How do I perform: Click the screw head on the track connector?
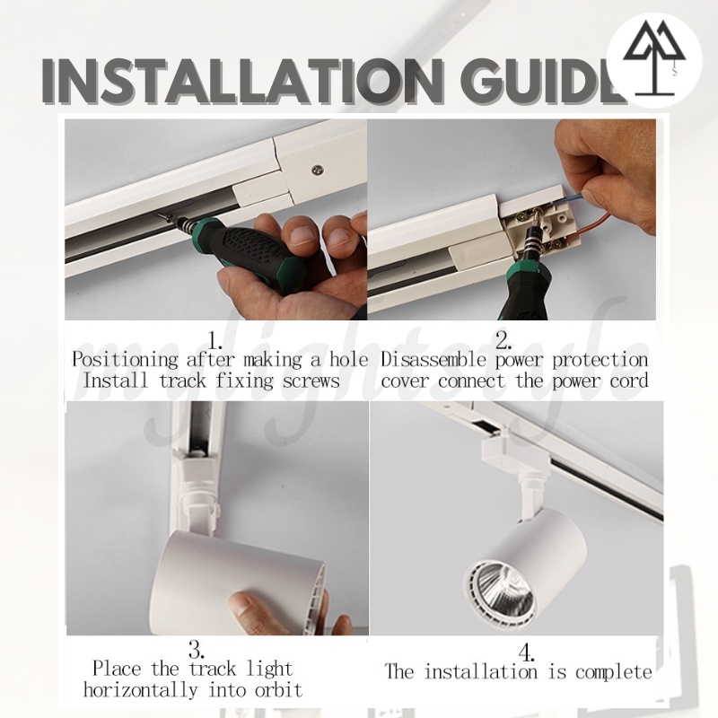pos(318,171)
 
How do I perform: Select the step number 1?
pos(215,340)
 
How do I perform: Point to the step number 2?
pos(503,340)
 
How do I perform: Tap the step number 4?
pos(527,652)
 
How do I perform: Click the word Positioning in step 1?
pos(125,361)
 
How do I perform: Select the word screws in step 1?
pos(311,381)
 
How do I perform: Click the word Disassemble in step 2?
pos(433,360)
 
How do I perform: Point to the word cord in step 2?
pos(629,381)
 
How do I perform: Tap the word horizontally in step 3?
pos(141,689)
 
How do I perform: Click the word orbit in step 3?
pos(278,689)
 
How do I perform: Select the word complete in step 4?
pos(614,671)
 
